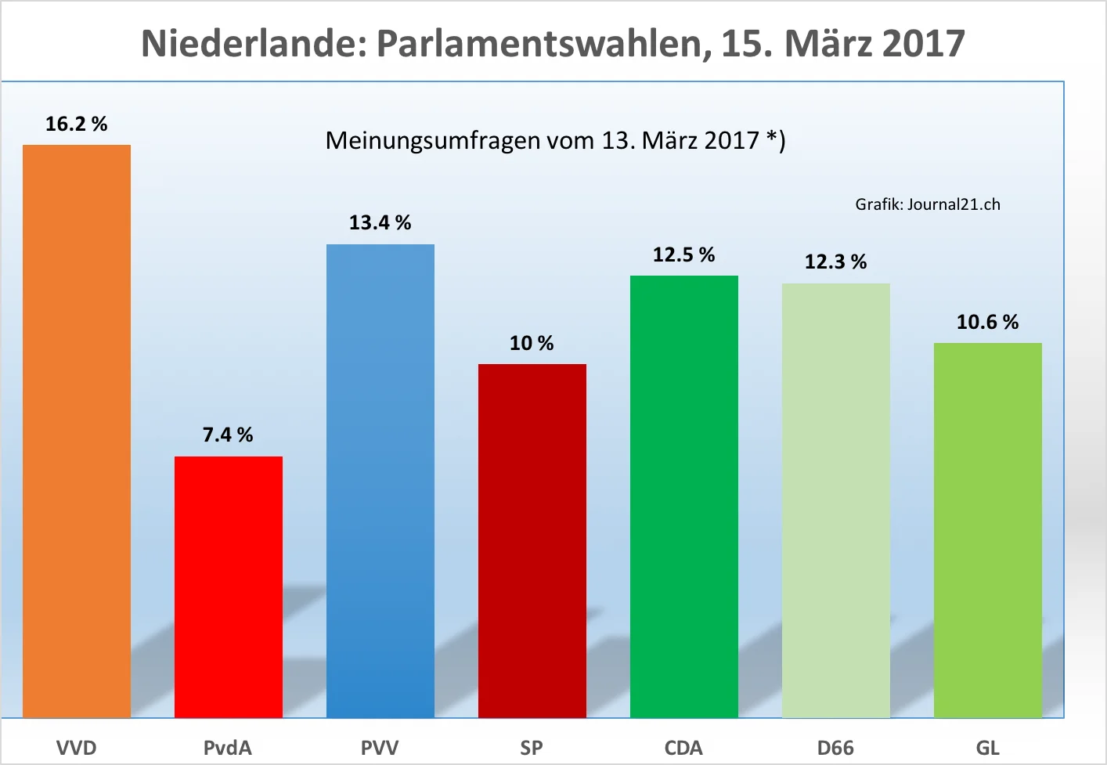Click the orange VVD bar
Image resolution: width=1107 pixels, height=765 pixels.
(77, 431)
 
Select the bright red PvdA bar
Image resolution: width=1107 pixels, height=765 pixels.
(229, 586)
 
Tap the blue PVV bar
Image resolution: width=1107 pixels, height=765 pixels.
(380, 481)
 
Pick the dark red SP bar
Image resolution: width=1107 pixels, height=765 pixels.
(532, 540)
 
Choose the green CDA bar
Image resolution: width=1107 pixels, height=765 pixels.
(684, 496)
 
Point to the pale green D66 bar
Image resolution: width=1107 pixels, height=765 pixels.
(836, 500)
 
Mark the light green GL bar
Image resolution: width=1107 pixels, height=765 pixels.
(988, 530)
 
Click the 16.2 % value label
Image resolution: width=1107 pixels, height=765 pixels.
(76, 124)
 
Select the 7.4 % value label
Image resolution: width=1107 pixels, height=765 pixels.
(228, 435)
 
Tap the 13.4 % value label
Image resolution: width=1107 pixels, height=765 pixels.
(380, 222)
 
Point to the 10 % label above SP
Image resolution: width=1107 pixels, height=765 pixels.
(532, 343)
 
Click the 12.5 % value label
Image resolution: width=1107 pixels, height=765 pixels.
(683, 254)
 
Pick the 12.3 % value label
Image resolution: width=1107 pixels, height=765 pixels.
(835, 262)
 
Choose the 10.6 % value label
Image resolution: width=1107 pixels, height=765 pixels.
(987, 322)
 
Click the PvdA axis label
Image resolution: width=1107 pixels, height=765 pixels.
(228, 748)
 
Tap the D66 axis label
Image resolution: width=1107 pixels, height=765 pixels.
(835, 748)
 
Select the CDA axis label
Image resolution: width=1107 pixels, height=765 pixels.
(683, 748)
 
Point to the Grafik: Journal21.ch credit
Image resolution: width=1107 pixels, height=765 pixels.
(928, 204)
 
